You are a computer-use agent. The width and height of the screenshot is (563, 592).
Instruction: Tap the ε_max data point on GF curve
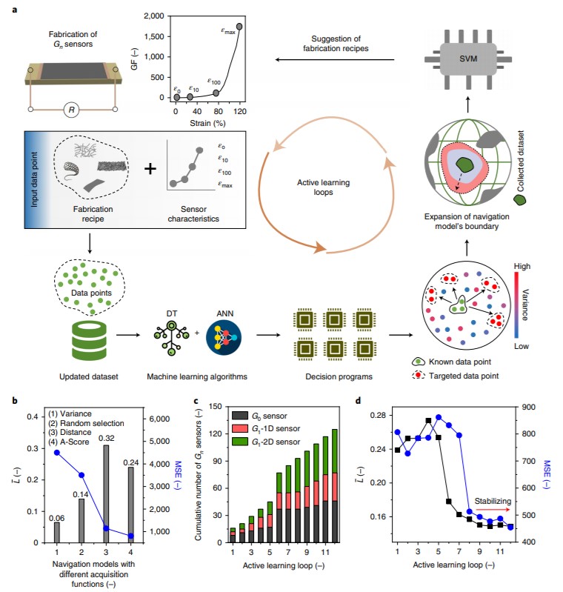[239, 27]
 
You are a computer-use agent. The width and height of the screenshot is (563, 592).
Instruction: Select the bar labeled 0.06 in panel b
[57, 533]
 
